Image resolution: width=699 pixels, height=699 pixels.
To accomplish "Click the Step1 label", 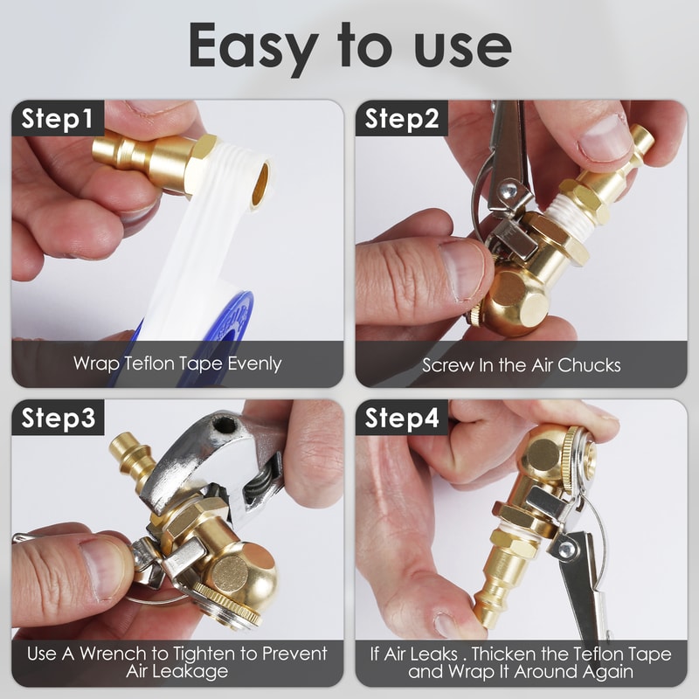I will [x=58, y=120].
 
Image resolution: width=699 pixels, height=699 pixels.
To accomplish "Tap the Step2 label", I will [x=402, y=120].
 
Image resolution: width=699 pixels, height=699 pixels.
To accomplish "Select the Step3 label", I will [x=58, y=419].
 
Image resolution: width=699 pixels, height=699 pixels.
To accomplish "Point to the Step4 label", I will [x=402, y=419].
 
